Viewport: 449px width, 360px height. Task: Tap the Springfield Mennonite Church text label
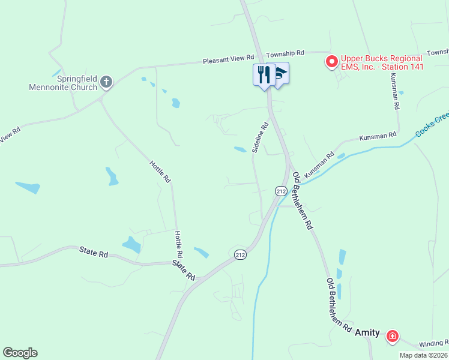[63, 83]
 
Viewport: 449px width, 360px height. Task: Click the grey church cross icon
[106, 82]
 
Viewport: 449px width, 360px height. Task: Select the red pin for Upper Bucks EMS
[331, 61]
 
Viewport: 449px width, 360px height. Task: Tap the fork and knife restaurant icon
[264, 74]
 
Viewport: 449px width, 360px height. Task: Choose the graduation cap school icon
[280, 74]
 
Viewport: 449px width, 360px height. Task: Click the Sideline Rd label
[260, 137]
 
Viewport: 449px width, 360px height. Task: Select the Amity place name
[367, 332]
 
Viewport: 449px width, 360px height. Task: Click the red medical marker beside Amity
[393, 336]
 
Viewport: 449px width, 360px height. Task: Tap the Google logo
[20, 353]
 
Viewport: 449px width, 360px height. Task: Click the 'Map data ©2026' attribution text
[423, 355]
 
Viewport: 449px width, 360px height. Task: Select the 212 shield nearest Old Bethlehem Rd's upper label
[281, 190]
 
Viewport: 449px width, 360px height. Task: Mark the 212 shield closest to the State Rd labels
[240, 255]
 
